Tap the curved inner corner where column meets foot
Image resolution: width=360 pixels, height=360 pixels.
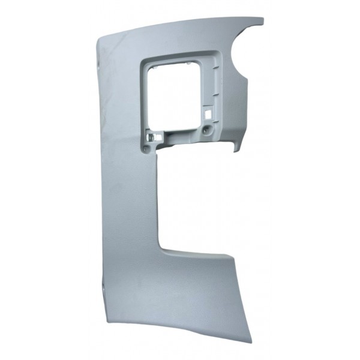163,245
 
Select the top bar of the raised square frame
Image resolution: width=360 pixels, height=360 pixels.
180,56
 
